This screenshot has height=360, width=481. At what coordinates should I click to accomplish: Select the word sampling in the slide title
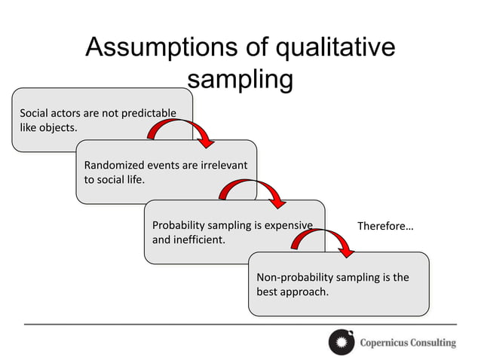click(240, 79)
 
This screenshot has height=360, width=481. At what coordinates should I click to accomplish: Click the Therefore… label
click(385, 226)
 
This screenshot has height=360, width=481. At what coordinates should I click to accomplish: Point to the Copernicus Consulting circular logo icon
click(341, 342)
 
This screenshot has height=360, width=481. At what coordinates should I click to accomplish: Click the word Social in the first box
click(35, 114)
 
